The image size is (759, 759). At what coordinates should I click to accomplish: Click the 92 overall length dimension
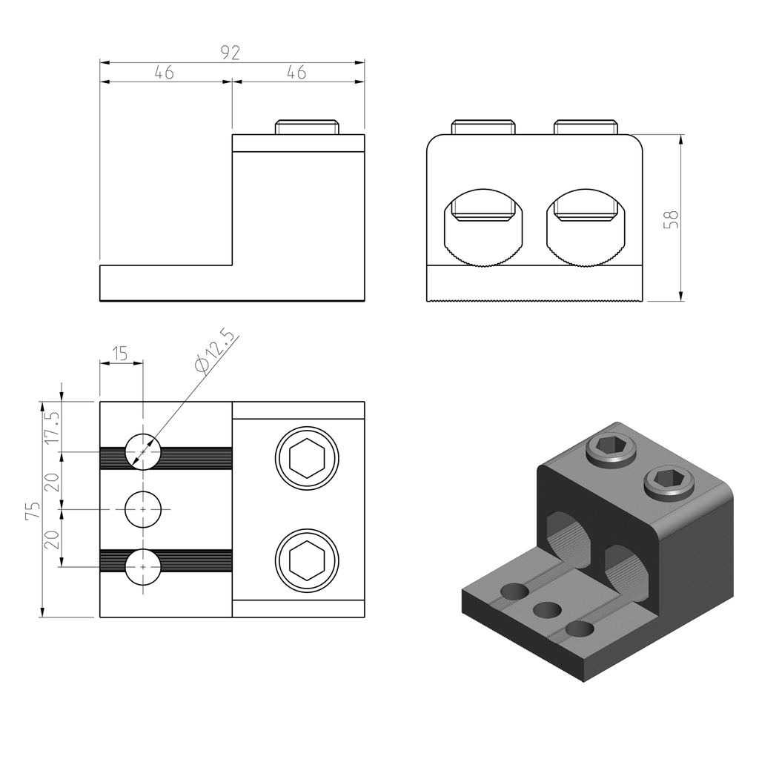tap(231, 53)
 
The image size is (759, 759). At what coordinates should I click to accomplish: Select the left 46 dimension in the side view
tap(164, 72)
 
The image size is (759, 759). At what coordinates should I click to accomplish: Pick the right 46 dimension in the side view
tap(296, 72)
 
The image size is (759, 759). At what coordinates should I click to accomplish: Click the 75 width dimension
tap(33, 511)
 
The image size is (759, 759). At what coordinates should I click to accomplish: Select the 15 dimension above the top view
tap(120, 354)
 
